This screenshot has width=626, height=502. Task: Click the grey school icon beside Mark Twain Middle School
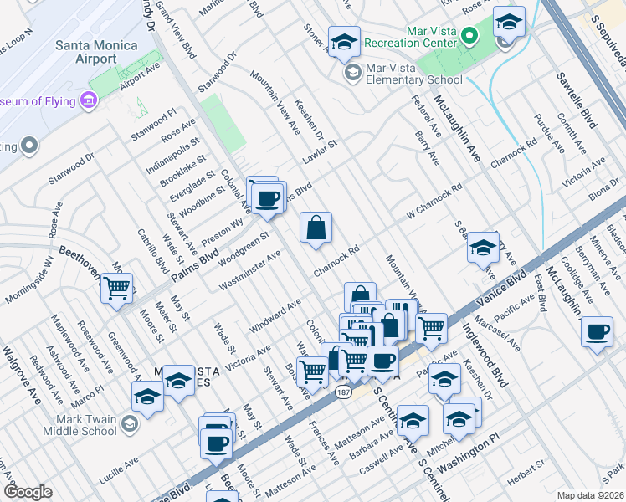tap(128, 424)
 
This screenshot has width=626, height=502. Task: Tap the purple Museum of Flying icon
tap(89, 101)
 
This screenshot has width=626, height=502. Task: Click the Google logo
tap(28, 492)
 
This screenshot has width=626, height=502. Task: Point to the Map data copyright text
tap(590, 494)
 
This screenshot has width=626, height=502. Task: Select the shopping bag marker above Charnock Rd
tap(316, 228)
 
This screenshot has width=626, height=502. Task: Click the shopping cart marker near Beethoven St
tap(117, 288)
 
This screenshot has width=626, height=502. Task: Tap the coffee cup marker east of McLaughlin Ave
tap(597, 331)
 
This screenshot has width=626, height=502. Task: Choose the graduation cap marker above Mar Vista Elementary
tap(343, 42)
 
